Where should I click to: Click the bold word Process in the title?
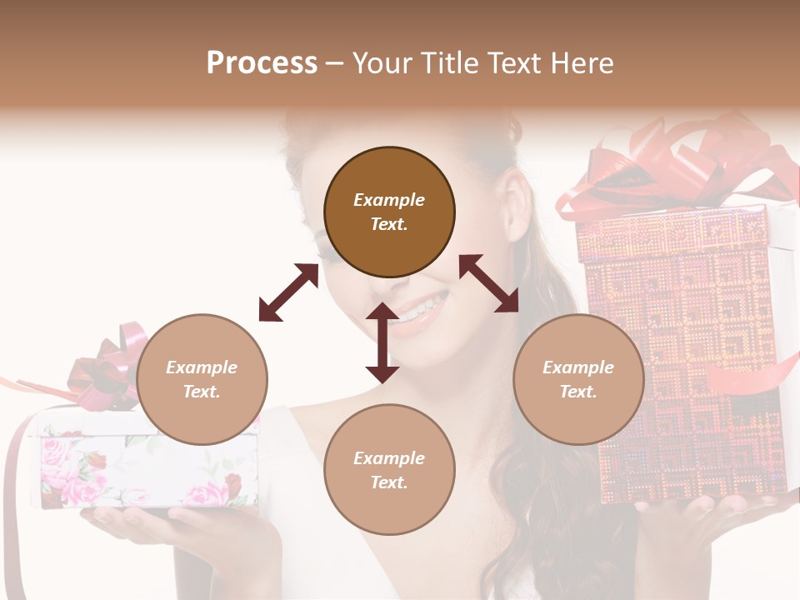(x=262, y=63)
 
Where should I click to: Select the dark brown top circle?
(x=389, y=212)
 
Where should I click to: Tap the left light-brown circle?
(x=202, y=380)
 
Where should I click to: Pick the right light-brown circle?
(x=578, y=380)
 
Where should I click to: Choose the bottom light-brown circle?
(x=389, y=470)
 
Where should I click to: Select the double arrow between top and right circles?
(x=489, y=284)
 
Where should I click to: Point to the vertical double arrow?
(x=382, y=342)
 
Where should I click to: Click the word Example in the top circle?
(x=389, y=200)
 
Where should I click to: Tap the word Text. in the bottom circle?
(x=389, y=482)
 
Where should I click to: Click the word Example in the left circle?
(x=202, y=367)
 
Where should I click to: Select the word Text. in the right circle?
(x=578, y=392)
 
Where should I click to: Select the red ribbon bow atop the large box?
(x=667, y=167)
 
